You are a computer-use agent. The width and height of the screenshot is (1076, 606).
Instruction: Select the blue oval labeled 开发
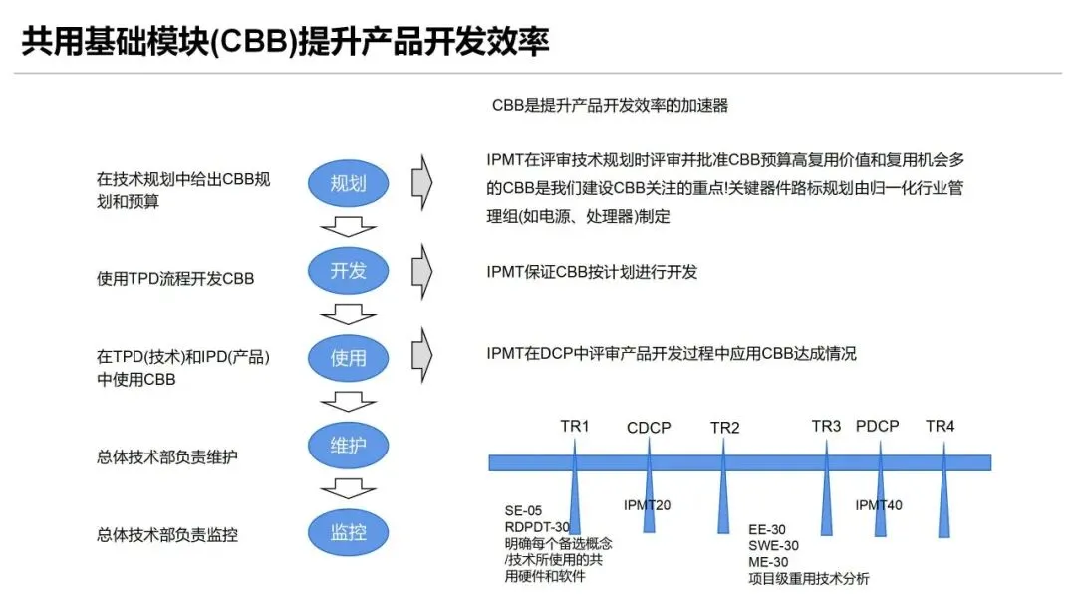click(349, 270)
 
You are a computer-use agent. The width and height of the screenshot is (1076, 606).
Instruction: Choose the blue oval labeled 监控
click(349, 531)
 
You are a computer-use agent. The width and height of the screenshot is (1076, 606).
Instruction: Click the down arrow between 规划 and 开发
click(348, 226)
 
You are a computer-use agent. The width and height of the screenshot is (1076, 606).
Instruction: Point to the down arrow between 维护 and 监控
click(348, 488)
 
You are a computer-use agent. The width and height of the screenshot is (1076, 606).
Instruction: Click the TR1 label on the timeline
click(575, 427)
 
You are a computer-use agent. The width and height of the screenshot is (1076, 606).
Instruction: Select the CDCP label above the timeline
click(649, 428)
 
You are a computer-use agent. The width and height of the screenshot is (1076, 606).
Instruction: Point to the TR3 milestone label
click(826, 427)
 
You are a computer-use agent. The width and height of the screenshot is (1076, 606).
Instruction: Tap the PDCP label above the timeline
click(878, 427)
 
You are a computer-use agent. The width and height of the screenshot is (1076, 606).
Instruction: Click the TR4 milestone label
click(940, 427)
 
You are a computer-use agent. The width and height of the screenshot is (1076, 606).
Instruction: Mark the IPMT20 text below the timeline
click(647, 505)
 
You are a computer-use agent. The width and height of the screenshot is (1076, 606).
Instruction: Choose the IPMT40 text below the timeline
click(879, 505)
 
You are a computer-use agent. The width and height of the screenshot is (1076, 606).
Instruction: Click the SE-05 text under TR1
click(524, 511)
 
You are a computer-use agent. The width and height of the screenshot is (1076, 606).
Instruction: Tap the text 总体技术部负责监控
click(167, 535)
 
